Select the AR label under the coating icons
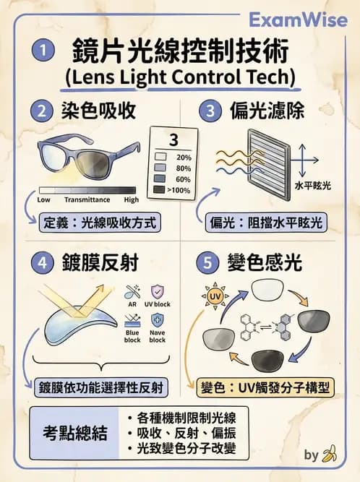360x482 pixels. [132, 304]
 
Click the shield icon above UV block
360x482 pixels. [158, 291]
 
